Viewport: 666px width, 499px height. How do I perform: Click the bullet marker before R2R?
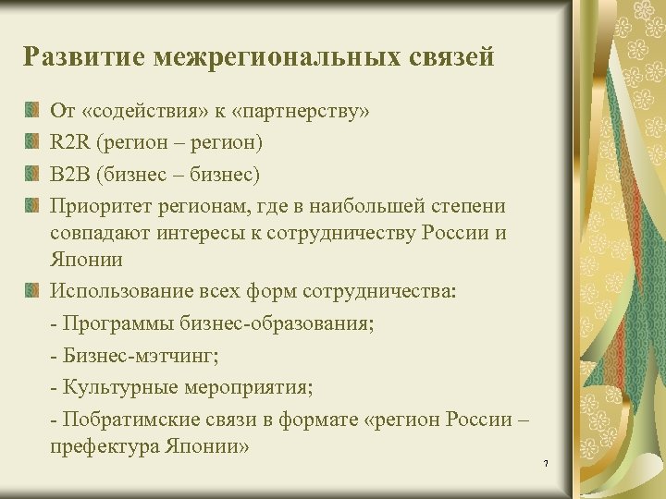tap(33, 142)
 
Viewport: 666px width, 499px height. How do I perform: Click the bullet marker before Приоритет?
tap(33, 203)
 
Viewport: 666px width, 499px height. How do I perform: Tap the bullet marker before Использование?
tap(33, 293)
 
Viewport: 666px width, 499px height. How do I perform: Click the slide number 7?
tap(547, 461)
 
